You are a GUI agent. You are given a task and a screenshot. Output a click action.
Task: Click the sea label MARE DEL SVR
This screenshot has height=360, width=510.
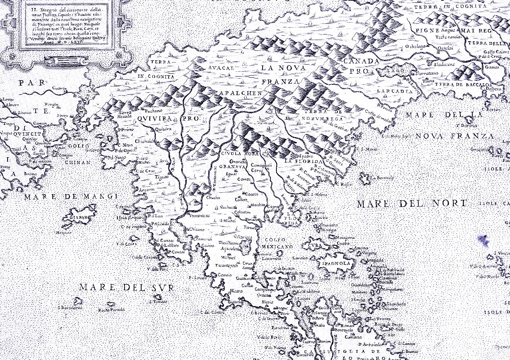pyautogui.click(x=126, y=287)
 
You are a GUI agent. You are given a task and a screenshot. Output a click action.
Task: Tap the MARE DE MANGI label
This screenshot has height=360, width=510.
pyautogui.click(x=71, y=197)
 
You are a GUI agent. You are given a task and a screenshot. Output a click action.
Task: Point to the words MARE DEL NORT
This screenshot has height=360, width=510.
pyautogui.click(x=412, y=204)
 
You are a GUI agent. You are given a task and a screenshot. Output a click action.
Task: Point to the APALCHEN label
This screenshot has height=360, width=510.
pyautogui.click(x=240, y=93)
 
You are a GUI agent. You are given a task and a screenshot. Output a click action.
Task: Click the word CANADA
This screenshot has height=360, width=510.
pyautogui.click(x=361, y=61)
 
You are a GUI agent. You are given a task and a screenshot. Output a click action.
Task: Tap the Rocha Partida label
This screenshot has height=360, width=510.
pyautogui.click(x=111, y=310)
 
